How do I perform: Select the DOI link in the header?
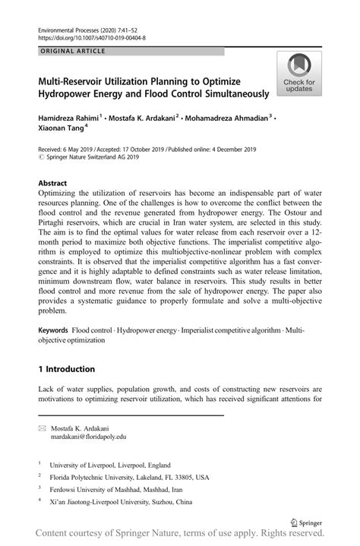click(x=91, y=36)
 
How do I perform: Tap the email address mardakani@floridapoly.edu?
click(x=89, y=437)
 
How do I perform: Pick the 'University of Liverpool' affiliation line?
click(x=110, y=465)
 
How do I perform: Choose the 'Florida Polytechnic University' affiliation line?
click(x=129, y=478)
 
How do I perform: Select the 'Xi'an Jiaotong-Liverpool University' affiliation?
click(x=122, y=502)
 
